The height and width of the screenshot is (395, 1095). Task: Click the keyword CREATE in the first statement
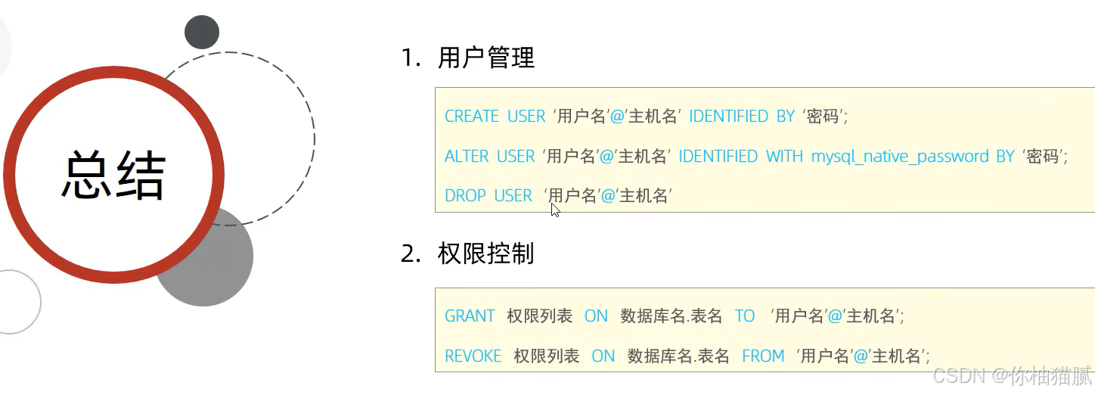pyautogui.click(x=472, y=117)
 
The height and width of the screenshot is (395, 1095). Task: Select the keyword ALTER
pyautogui.click(x=466, y=157)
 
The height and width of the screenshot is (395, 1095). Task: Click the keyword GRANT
pyautogui.click(x=470, y=316)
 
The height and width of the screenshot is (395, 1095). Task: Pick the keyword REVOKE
pyautogui.click(x=473, y=356)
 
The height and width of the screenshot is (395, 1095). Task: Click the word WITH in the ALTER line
pyautogui.click(x=784, y=157)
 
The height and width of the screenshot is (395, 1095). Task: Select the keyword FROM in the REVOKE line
pyautogui.click(x=763, y=356)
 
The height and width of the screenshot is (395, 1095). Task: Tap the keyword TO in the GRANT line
pyautogui.click(x=745, y=316)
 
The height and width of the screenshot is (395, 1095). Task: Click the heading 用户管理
pyautogui.click(x=486, y=58)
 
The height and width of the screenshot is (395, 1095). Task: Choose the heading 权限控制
pyautogui.click(x=485, y=254)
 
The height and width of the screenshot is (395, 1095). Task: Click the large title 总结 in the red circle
pyautogui.click(x=113, y=176)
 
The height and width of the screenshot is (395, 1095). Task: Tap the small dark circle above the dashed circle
pyautogui.click(x=202, y=33)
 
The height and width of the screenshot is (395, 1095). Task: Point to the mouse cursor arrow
pyautogui.click(x=555, y=210)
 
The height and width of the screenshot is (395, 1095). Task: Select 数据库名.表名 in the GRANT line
pyautogui.click(x=672, y=316)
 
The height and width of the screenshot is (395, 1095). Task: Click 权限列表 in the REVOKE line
pyautogui.click(x=546, y=356)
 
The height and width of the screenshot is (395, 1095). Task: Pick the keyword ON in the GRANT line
pyautogui.click(x=596, y=316)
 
